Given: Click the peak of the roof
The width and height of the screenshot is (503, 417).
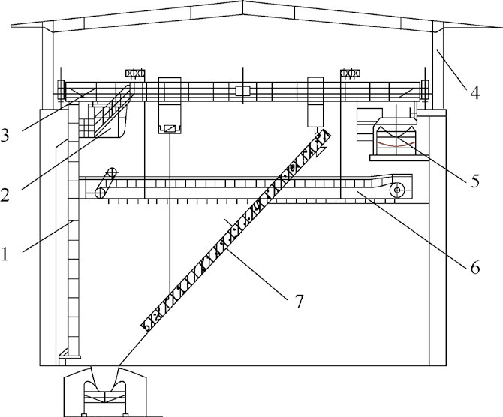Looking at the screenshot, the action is (x=242, y=4).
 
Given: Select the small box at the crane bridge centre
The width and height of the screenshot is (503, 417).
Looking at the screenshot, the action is (x=242, y=91).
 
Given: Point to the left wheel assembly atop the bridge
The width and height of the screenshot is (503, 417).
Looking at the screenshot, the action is (x=134, y=73).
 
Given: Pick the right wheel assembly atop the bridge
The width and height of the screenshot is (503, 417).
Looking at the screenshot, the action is (x=350, y=73).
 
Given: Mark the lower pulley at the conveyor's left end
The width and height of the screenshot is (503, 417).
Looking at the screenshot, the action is (x=98, y=193).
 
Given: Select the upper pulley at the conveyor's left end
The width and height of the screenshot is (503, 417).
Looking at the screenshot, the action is (x=112, y=172).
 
